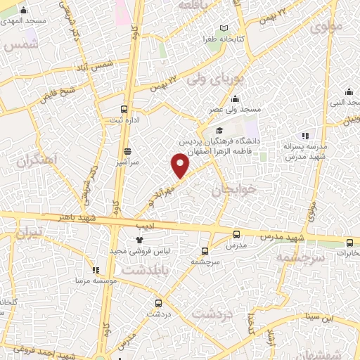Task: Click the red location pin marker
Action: coord(181,165)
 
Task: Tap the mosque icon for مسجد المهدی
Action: coord(25,10)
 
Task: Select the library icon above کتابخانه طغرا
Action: coord(224,28)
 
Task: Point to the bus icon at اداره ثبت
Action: coord(124,109)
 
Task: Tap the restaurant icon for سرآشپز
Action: coord(127,150)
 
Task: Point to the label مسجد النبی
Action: coord(349,102)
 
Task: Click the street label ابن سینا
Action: coord(318,317)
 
